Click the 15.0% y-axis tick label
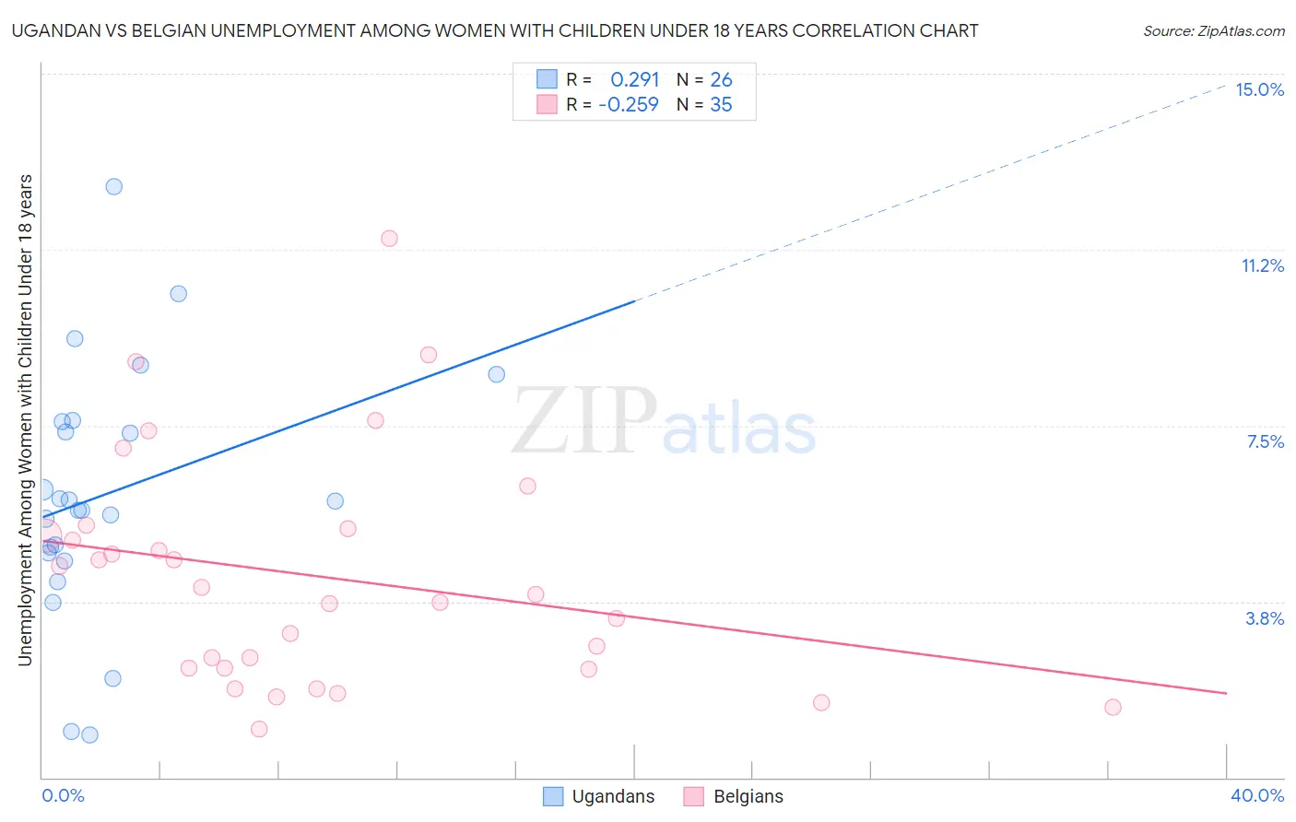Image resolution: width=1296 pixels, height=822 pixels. [1259, 89]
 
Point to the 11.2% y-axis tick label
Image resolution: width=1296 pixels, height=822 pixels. [1262, 265]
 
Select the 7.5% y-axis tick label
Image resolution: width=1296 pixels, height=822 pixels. [1265, 441]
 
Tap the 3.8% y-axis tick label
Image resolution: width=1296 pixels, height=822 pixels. [1265, 618]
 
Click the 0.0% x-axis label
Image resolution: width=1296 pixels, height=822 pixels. [63, 795]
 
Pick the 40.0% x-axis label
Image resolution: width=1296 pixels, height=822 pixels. [1256, 795]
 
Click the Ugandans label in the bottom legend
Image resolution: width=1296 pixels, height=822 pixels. [613, 796]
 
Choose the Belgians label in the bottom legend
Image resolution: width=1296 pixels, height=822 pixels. [748, 796]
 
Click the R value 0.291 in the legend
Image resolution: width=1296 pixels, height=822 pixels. [634, 80]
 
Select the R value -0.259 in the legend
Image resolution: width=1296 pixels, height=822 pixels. [629, 105]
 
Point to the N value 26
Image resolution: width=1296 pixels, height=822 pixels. [721, 80]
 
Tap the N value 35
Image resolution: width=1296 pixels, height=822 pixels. [721, 105]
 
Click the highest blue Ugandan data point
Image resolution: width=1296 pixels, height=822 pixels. [114, 186]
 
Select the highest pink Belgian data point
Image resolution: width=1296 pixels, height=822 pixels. [389, 238]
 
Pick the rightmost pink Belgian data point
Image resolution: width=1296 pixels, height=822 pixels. [1113, 707]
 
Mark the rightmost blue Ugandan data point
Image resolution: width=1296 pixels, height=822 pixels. [497, 374]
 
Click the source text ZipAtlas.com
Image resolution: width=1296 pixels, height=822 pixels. [1213, 31]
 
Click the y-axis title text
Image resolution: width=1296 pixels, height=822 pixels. [25, 419]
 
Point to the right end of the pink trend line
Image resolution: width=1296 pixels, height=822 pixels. [1227, 693]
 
